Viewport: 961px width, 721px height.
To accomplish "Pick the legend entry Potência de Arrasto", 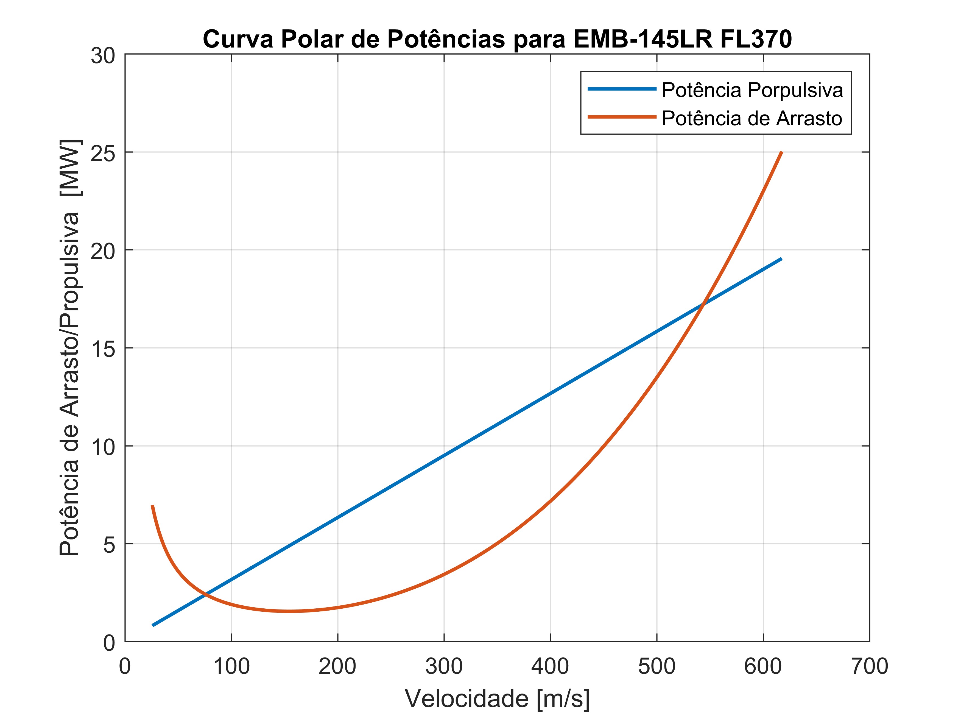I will tap(752, 118).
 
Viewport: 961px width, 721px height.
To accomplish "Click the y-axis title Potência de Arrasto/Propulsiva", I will tap(69, 348).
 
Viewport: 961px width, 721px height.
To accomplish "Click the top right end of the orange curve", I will tap(781, 152).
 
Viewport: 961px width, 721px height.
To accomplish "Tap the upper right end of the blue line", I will tap(781, 259).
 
